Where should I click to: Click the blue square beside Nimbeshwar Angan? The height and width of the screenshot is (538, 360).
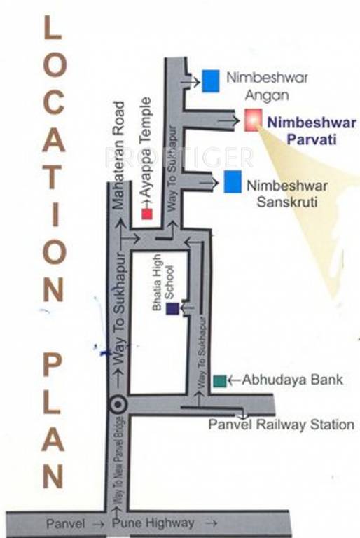point(210,81)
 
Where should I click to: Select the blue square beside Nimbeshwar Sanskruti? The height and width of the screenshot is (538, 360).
point(233,181)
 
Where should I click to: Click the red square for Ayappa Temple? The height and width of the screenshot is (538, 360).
point(147,214)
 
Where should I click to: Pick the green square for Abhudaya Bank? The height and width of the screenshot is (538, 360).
point(220,381)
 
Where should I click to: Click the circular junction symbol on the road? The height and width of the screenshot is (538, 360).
point(118,404)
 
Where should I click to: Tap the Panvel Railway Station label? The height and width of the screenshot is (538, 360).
point(282,425)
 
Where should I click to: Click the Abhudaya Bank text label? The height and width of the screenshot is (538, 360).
point(293,380)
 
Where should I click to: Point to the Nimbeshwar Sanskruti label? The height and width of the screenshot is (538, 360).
point(283,193)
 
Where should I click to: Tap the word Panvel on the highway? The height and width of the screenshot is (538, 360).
point(66,523)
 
